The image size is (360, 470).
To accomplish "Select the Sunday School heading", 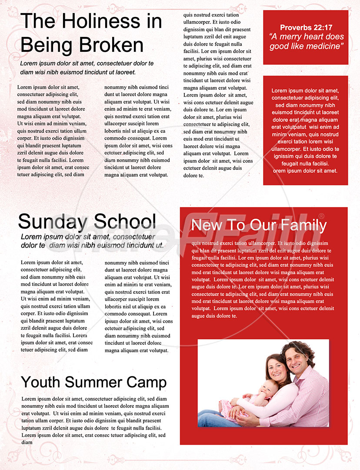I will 87,222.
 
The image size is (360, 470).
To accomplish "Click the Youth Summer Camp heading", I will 93,382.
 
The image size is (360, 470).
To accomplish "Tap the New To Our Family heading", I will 259,225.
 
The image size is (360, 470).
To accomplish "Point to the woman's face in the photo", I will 276,369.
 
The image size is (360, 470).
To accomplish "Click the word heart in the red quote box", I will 316,37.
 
